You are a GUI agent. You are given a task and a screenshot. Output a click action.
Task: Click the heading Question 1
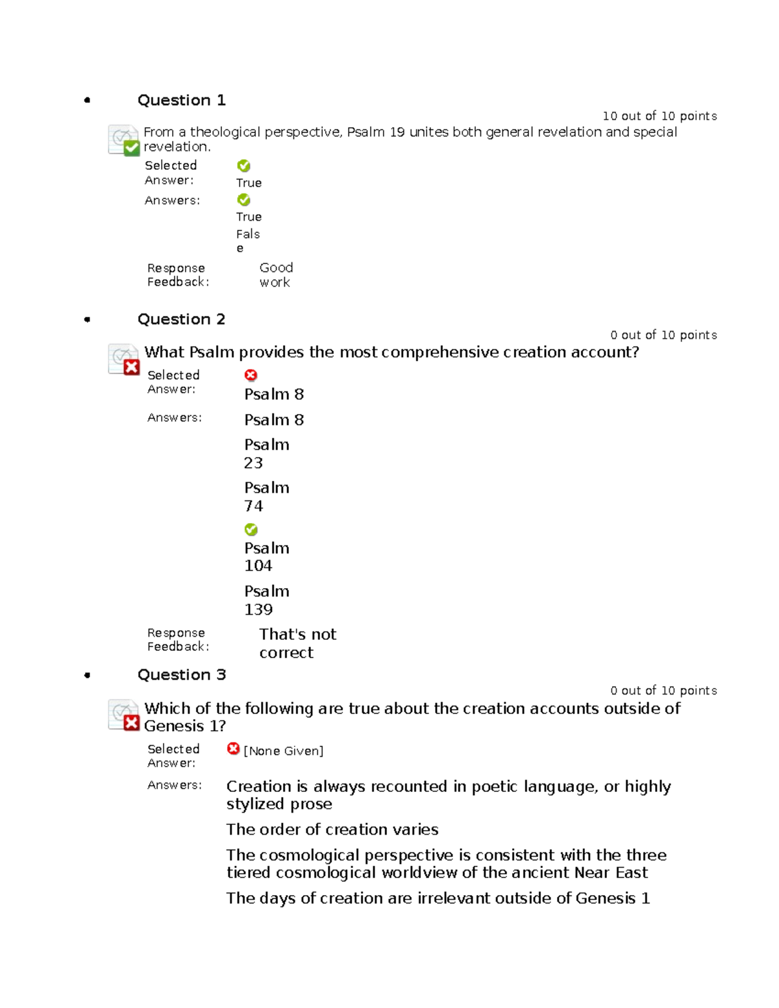(x=181, y=100)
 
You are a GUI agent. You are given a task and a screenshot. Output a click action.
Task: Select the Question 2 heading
(x=181, y=319)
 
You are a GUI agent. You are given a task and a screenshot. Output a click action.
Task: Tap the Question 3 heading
(x=181, y=675)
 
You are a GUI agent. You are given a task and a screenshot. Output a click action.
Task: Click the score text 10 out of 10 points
(x=660, y=116)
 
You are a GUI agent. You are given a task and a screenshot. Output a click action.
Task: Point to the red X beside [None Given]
(x=233, y=749)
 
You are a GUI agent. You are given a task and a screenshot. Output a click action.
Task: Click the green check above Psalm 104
(x=251, y=530)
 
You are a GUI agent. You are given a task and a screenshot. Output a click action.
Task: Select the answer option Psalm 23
(x=266, y=454)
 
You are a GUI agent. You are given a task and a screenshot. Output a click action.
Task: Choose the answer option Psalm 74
(x=266, y=497)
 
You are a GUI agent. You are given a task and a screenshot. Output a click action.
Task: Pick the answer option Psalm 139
(x=266, y=600)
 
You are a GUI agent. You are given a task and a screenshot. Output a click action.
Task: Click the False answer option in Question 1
(x=247, y=240)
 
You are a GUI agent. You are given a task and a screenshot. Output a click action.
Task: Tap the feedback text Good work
(x=276, y=275)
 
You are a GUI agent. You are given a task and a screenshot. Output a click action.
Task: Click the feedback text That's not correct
(x=297, y=643)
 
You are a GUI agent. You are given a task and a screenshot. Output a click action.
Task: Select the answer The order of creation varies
(x=332, y=830)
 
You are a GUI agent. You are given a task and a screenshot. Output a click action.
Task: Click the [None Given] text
(x=283, y=751)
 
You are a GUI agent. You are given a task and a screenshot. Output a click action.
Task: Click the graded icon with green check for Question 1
(x=123, y=140)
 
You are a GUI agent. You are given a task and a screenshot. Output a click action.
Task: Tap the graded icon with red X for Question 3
(x=123, y=715)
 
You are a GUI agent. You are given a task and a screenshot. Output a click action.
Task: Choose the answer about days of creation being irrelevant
(x=438, y=898)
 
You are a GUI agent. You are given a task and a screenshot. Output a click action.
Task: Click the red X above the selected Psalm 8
(x=251, y=375)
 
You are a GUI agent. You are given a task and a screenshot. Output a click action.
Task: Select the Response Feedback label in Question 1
(x=177, y=275)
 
